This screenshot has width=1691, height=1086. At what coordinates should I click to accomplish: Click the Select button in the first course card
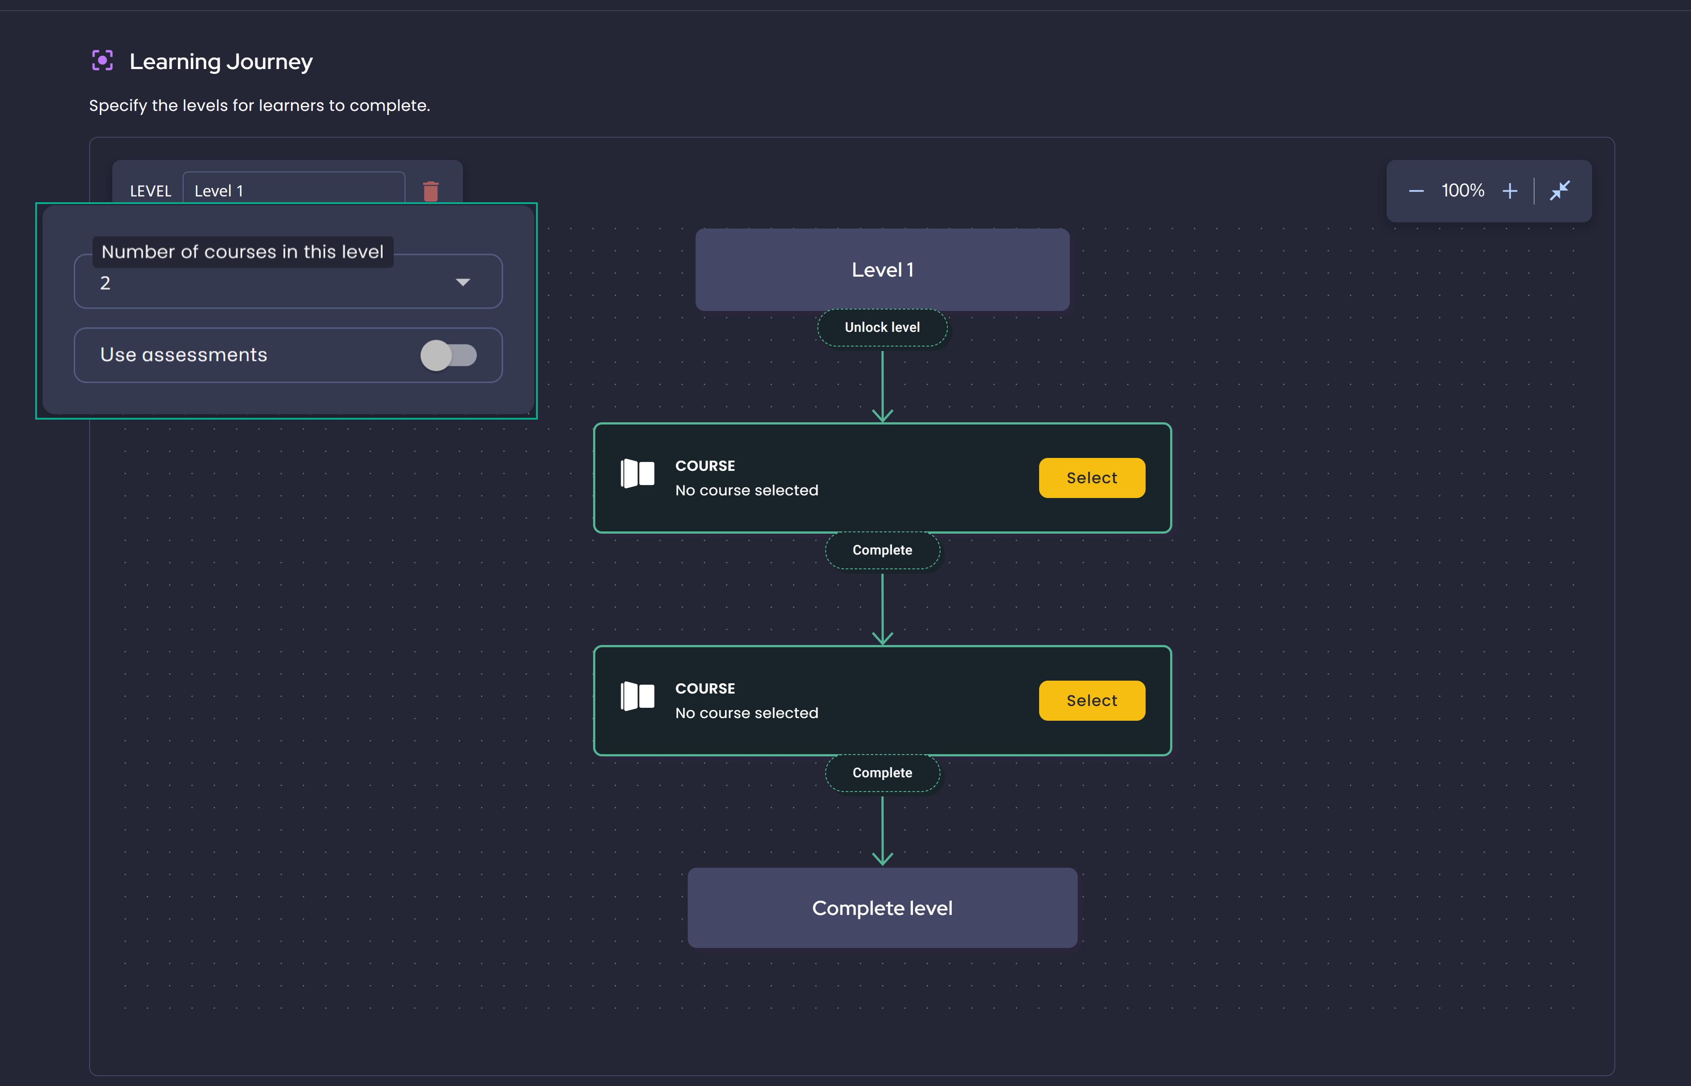[1091, 478]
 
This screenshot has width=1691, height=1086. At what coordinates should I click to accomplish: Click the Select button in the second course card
[1091, 700]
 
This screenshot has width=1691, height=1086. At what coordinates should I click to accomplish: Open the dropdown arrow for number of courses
[463, 283]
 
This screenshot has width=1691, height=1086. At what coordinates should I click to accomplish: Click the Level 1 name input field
[294, 190]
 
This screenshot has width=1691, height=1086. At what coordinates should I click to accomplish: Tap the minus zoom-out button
[1416, 191]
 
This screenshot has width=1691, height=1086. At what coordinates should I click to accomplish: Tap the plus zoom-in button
[1510, 191]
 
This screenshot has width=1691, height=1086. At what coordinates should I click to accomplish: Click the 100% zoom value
[1462, 191]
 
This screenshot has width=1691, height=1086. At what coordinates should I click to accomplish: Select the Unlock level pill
[882, 327]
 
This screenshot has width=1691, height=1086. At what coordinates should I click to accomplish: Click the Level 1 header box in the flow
[882, 269]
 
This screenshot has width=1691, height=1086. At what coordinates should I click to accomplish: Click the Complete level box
[882, 907]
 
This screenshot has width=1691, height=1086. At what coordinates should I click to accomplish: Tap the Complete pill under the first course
[882, 550]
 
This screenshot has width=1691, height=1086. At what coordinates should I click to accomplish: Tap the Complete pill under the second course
[882, 773]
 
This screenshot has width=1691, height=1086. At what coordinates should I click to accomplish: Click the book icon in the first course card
[637, 473]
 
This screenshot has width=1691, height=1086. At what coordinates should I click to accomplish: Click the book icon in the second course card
[637, 696]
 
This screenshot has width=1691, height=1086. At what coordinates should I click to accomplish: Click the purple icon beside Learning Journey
[102, 61]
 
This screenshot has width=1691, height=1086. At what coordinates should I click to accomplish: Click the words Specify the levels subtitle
[259, 106]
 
